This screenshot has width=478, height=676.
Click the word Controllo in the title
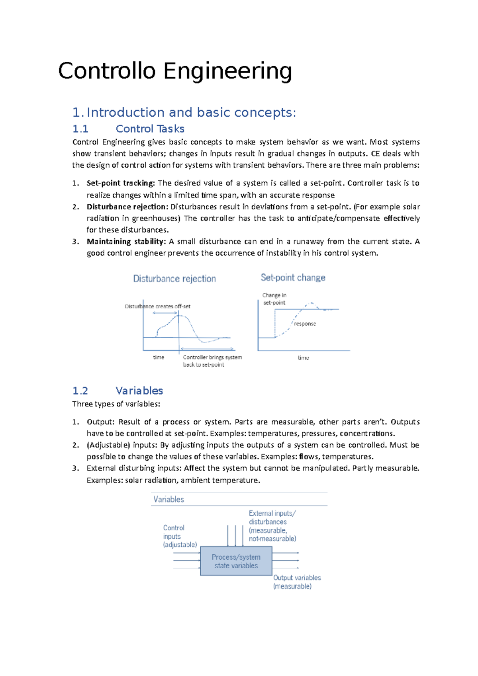[x=107, y=71]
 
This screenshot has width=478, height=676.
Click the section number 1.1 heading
[x=80, y=129]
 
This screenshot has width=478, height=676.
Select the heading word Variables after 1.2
[x=139, y=391]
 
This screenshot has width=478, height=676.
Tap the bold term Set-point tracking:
[x=121, y=183]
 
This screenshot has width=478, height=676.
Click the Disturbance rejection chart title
[x=174, y=279]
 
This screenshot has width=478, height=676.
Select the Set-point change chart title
[x=293, y=277]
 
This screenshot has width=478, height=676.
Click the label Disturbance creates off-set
[x=157, y=306]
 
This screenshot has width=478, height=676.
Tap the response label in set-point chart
[x=305, y=324]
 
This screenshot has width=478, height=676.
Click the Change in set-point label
[x=274, y=299]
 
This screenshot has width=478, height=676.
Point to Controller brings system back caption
[x=212, y=361]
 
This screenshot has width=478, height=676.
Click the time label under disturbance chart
[x=159, y=357]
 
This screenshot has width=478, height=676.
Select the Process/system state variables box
[x=236, y=561]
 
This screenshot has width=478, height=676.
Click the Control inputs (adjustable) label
[x=179, y=536]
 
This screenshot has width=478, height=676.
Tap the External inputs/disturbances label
[x=272, y=526]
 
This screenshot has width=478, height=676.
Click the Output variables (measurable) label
[x=296, y=582]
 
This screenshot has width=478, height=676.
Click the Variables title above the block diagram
[x=168, y=499]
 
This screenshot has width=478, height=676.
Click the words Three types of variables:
[x=116, y=404]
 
